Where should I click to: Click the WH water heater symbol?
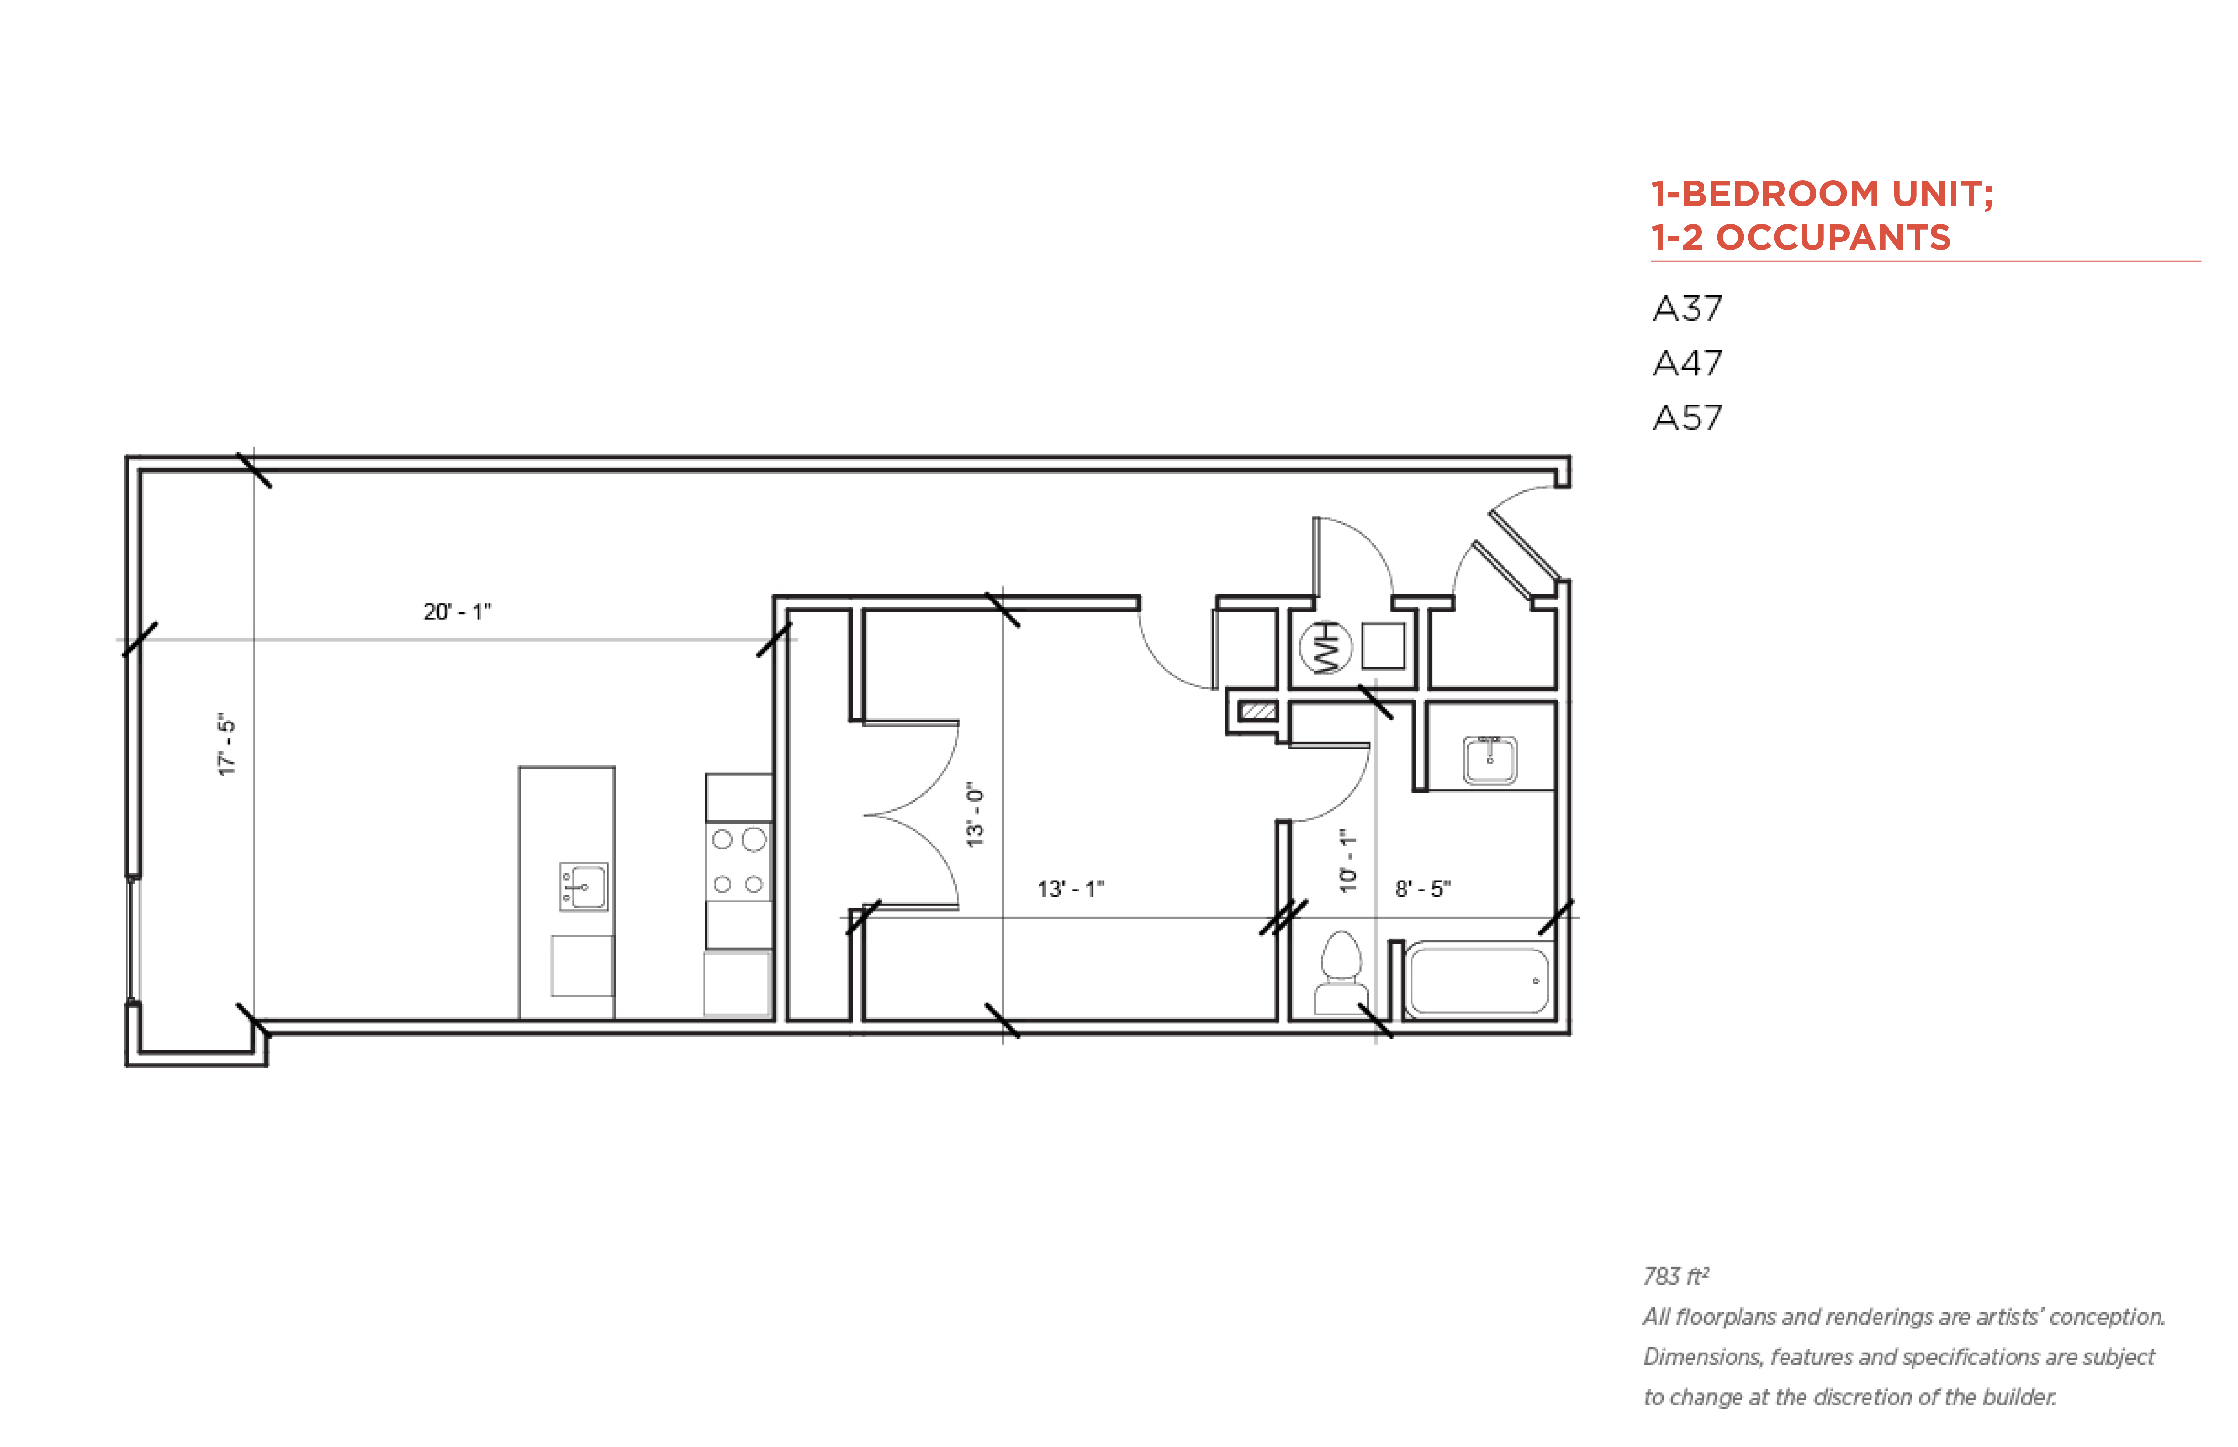(1325, 647)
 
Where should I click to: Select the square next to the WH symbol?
(1382, 646)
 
